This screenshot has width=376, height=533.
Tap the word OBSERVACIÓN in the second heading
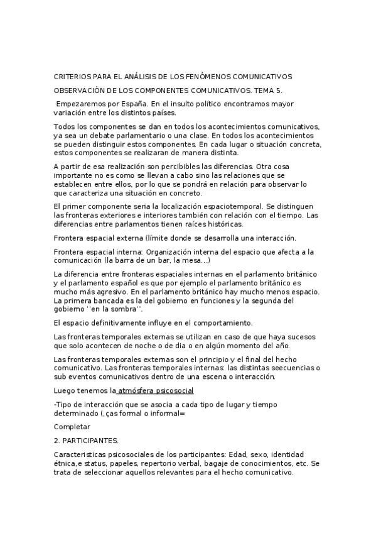(x=82, y=91)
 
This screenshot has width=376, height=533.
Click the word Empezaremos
(x=82, y=104)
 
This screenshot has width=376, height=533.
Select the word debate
(x=104, y=136)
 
